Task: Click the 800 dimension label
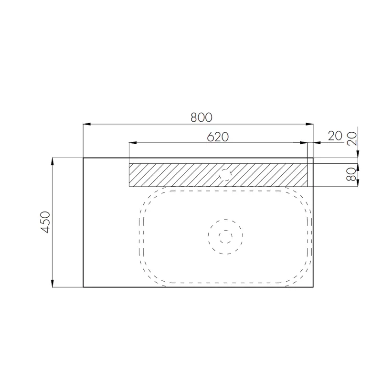pyautogui.click(x=201, y=117)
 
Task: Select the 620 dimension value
pyautogui.click(x=218, y=137)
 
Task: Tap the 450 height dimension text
pyautogui.click(x=45, y=222)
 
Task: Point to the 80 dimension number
pyautogui.click(x=351, y=174)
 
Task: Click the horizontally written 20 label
pyautogui.click(x=335, y=136)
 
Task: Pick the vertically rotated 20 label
pyautogui.click(x=351, y=138)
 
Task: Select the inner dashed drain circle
pyautogui.click(x=225, y=236)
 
